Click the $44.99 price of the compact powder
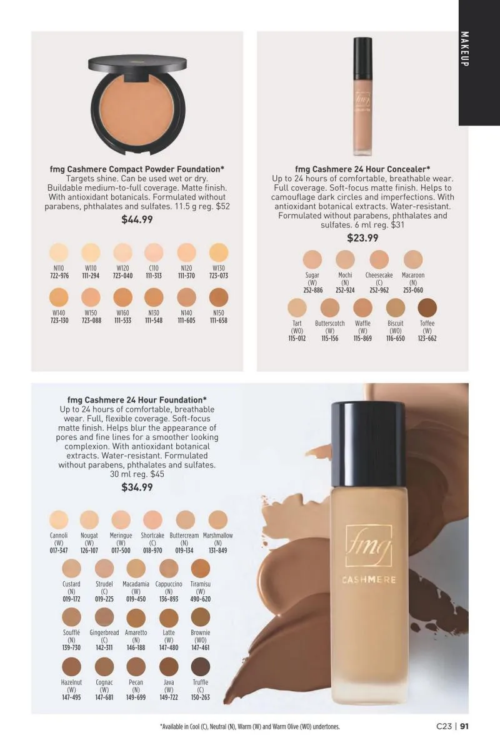click(137, 219)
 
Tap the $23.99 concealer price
click(362, 238)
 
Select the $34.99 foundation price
click(137, 487)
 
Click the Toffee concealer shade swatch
click(427, 307)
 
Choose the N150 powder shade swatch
click(219, 297)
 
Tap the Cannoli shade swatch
click(59, 519)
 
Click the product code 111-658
click(219, 321)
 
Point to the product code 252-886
click(312, 290)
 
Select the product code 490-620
click(200, 599)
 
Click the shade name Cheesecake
click(379, 275)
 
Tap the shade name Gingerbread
click(104, 632)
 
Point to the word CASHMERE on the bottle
click(369, 579)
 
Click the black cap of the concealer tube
click(362, 57)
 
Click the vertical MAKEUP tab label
click(464, 49)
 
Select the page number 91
click(464, 726)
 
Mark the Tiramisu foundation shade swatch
click(200, 568)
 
